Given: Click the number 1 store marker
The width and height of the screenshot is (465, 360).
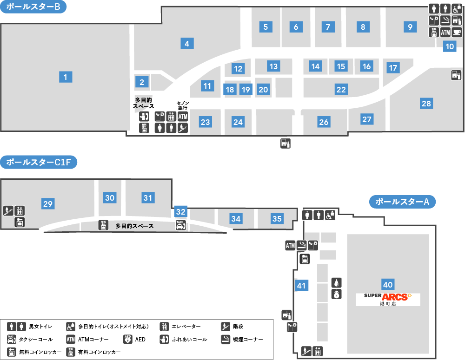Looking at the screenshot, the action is click(x=66, y=77).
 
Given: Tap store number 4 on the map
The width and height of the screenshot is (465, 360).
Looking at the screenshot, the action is click(x=187, y=44).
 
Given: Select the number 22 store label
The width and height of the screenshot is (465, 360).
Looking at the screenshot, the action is click(x=341, y=90).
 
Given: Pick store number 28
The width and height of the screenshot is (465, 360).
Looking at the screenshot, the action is click(x=426, y=104).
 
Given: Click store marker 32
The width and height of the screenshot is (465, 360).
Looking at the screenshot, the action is click(x=180, y=211).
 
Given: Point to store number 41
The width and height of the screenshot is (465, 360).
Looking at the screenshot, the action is click(x=302, y=285).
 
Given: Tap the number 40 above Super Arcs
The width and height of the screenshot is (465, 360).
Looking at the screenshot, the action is click(x=388, y=284).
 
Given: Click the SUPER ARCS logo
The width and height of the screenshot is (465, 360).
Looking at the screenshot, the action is click(x=388, y=299).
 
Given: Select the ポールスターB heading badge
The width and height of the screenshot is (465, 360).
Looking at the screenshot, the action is click(x=33, y=7).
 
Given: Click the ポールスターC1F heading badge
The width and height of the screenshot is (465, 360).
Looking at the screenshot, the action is click(x=39, y=162).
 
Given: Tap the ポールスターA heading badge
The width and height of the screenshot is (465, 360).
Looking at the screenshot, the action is click(x=402, y=202).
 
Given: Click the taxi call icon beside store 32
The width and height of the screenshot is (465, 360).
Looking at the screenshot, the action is click(x=181, y=225).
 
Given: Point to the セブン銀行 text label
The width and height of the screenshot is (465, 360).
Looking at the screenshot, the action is click(x=183, y=105).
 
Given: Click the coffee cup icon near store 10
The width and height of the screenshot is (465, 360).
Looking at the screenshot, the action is click(x=457, y=32).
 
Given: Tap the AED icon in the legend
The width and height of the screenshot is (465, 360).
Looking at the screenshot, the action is click(x=128, y=339).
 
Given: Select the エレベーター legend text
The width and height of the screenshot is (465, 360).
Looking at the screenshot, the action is click(x=186, y=327).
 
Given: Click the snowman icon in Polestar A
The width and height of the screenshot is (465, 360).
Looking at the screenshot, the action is click(x=336, y=294).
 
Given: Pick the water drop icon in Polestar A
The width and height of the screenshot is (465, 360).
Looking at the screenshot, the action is click(x=336, y=283).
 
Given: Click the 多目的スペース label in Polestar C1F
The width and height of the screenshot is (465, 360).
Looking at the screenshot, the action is click(x=134, y=226).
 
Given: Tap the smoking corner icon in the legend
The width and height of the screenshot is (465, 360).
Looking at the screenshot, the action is click(x=226, y=339).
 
